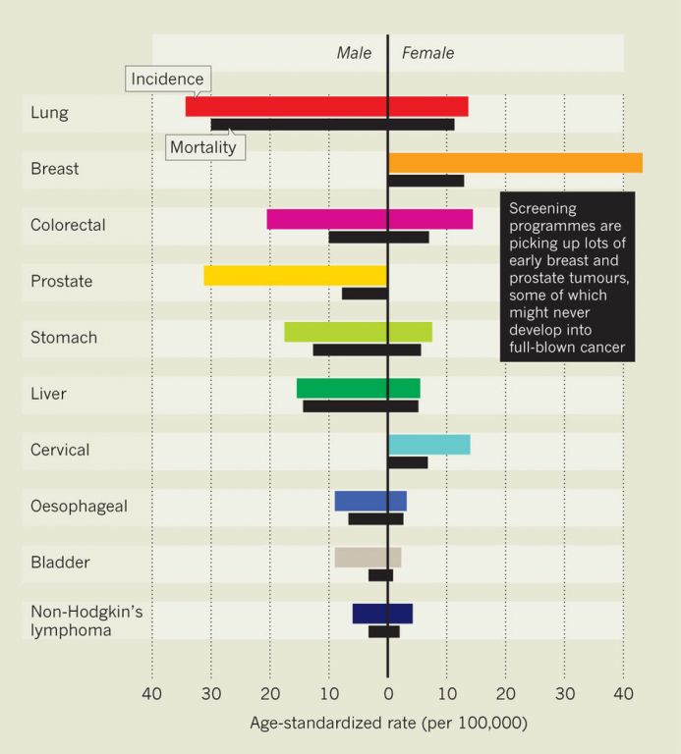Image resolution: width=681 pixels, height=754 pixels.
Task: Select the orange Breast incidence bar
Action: (x=515, y=163)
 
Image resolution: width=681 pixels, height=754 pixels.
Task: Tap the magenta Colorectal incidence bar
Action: (x=369, y=219)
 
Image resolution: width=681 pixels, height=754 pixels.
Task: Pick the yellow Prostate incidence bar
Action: (x=295, y=276)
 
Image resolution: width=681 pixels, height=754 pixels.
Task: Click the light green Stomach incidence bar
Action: (x=358, y=332)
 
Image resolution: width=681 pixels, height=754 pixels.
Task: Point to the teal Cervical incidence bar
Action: (x=428, y=444)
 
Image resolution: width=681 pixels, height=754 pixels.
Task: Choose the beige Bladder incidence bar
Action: (x=368, y=557)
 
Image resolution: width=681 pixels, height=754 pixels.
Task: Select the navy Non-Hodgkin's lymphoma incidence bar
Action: (x=382, y=614)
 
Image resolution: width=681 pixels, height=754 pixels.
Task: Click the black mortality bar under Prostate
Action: (x=365, y=294)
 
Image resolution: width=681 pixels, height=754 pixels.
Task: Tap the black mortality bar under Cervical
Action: (x=408, y=462)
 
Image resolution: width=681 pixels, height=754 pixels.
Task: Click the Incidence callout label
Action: (x=167, y=80)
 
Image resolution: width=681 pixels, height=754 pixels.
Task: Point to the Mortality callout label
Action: (x=203, y=147)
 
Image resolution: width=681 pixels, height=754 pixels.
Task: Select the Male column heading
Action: (x=354, y=53)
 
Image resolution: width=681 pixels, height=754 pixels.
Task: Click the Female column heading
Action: (x=428, y=53)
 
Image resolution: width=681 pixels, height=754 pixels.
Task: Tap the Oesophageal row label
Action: (x=79, y=507)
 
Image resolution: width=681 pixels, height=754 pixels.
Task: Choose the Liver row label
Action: (x=48, y=394)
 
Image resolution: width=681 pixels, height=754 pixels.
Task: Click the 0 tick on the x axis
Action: (x=388, y=694)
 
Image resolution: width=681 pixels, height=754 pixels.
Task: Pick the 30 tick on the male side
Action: (x=211, y=694)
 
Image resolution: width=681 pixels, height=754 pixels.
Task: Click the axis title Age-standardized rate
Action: (x=388, y=724)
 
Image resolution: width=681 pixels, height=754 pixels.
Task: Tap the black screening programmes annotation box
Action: (x=567, y=277)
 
